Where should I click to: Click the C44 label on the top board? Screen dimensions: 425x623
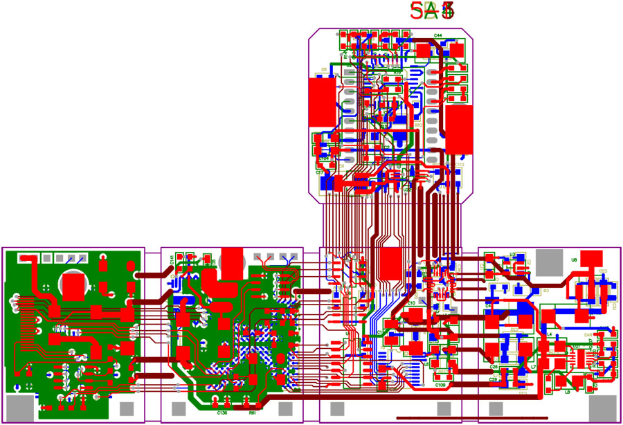tap(438, 35)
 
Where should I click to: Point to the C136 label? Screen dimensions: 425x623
tap(222, 413)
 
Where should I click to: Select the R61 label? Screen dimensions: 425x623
tap(253, 413)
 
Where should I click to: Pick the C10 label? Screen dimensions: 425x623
tap(410, 303)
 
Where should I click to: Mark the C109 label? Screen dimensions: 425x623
tap(440, 384)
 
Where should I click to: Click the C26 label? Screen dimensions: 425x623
tap(494, 366)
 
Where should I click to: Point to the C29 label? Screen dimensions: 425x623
tap(493, 379)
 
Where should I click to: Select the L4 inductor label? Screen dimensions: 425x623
tap(550, 334)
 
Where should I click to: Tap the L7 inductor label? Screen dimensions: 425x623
tap(533, 366)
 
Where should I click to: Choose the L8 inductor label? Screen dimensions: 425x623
tap(567, 392)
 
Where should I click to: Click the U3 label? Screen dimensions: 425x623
tap(512, 255)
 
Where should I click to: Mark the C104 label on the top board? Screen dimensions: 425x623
tap(324, 158)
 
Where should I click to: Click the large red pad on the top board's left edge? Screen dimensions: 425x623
tap(321, 102)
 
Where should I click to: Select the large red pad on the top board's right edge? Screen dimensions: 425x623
tap(459, 129)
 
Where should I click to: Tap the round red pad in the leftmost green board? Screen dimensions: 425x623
tap(73, 284)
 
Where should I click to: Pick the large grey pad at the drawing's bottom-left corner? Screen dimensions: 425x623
tap(19, 409)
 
